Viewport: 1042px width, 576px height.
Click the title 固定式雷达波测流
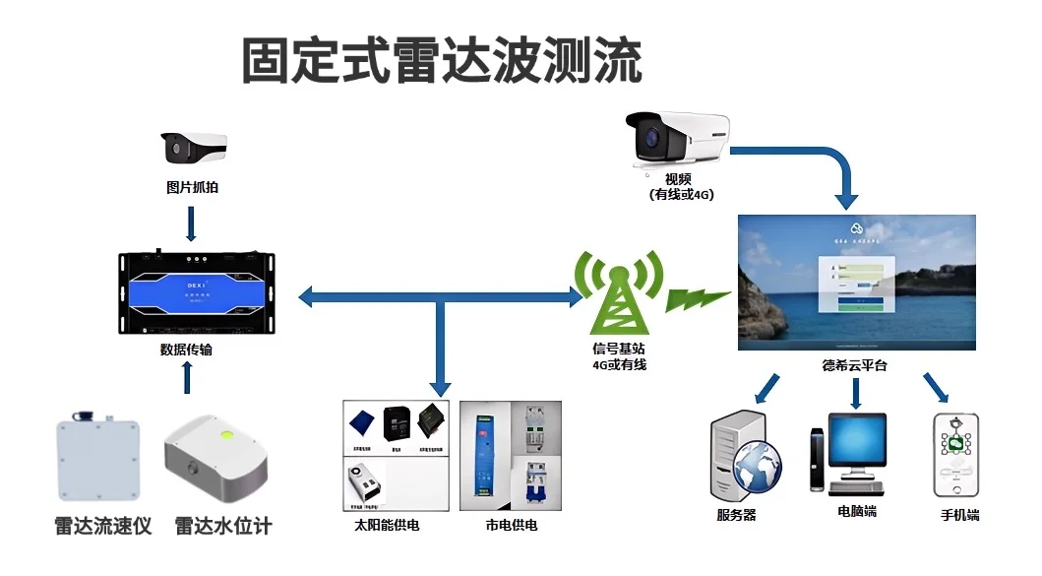tap(442, 62)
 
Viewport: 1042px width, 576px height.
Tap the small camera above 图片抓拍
tap(194, 148)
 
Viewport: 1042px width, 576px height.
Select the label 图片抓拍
tap(192, 186)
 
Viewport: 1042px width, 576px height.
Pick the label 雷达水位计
tap(223, 526)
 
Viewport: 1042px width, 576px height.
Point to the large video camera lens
tap(649, 139)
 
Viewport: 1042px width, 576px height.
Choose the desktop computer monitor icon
tap(856, 442)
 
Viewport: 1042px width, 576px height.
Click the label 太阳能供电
tap(387, 526)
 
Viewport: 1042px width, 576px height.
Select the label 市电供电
tap(512, 526)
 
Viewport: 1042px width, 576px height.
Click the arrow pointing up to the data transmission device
tap(187, 377)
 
